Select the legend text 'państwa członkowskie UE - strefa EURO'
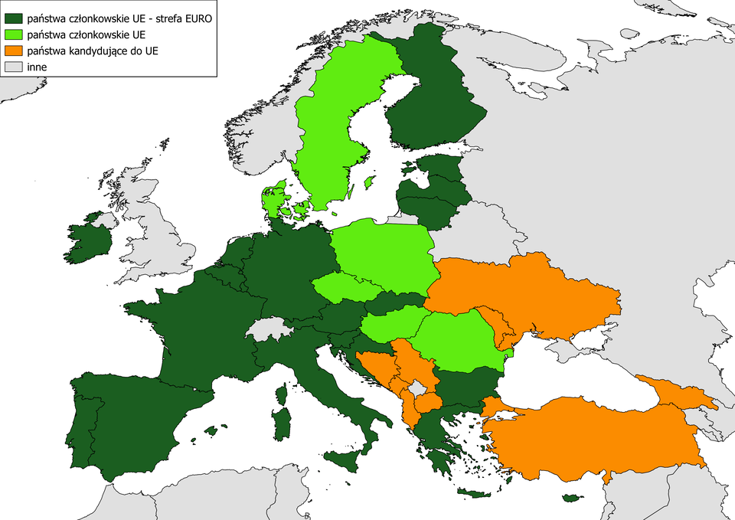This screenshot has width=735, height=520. (x=119, y=17)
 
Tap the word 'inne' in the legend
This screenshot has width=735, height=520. (x=36, y=67)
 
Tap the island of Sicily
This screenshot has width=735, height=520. (x=343, y=460)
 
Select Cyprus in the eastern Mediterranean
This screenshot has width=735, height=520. (x=571, y=499)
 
